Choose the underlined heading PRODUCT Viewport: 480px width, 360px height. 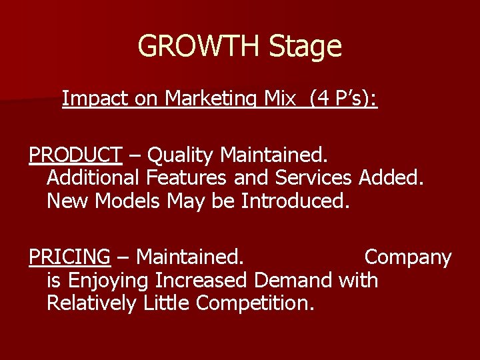(75, 155)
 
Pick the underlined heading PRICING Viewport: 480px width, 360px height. (69, 257)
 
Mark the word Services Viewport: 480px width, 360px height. (313, 178)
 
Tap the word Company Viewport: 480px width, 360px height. (408, 257)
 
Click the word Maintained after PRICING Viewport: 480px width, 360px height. (189, 257)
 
